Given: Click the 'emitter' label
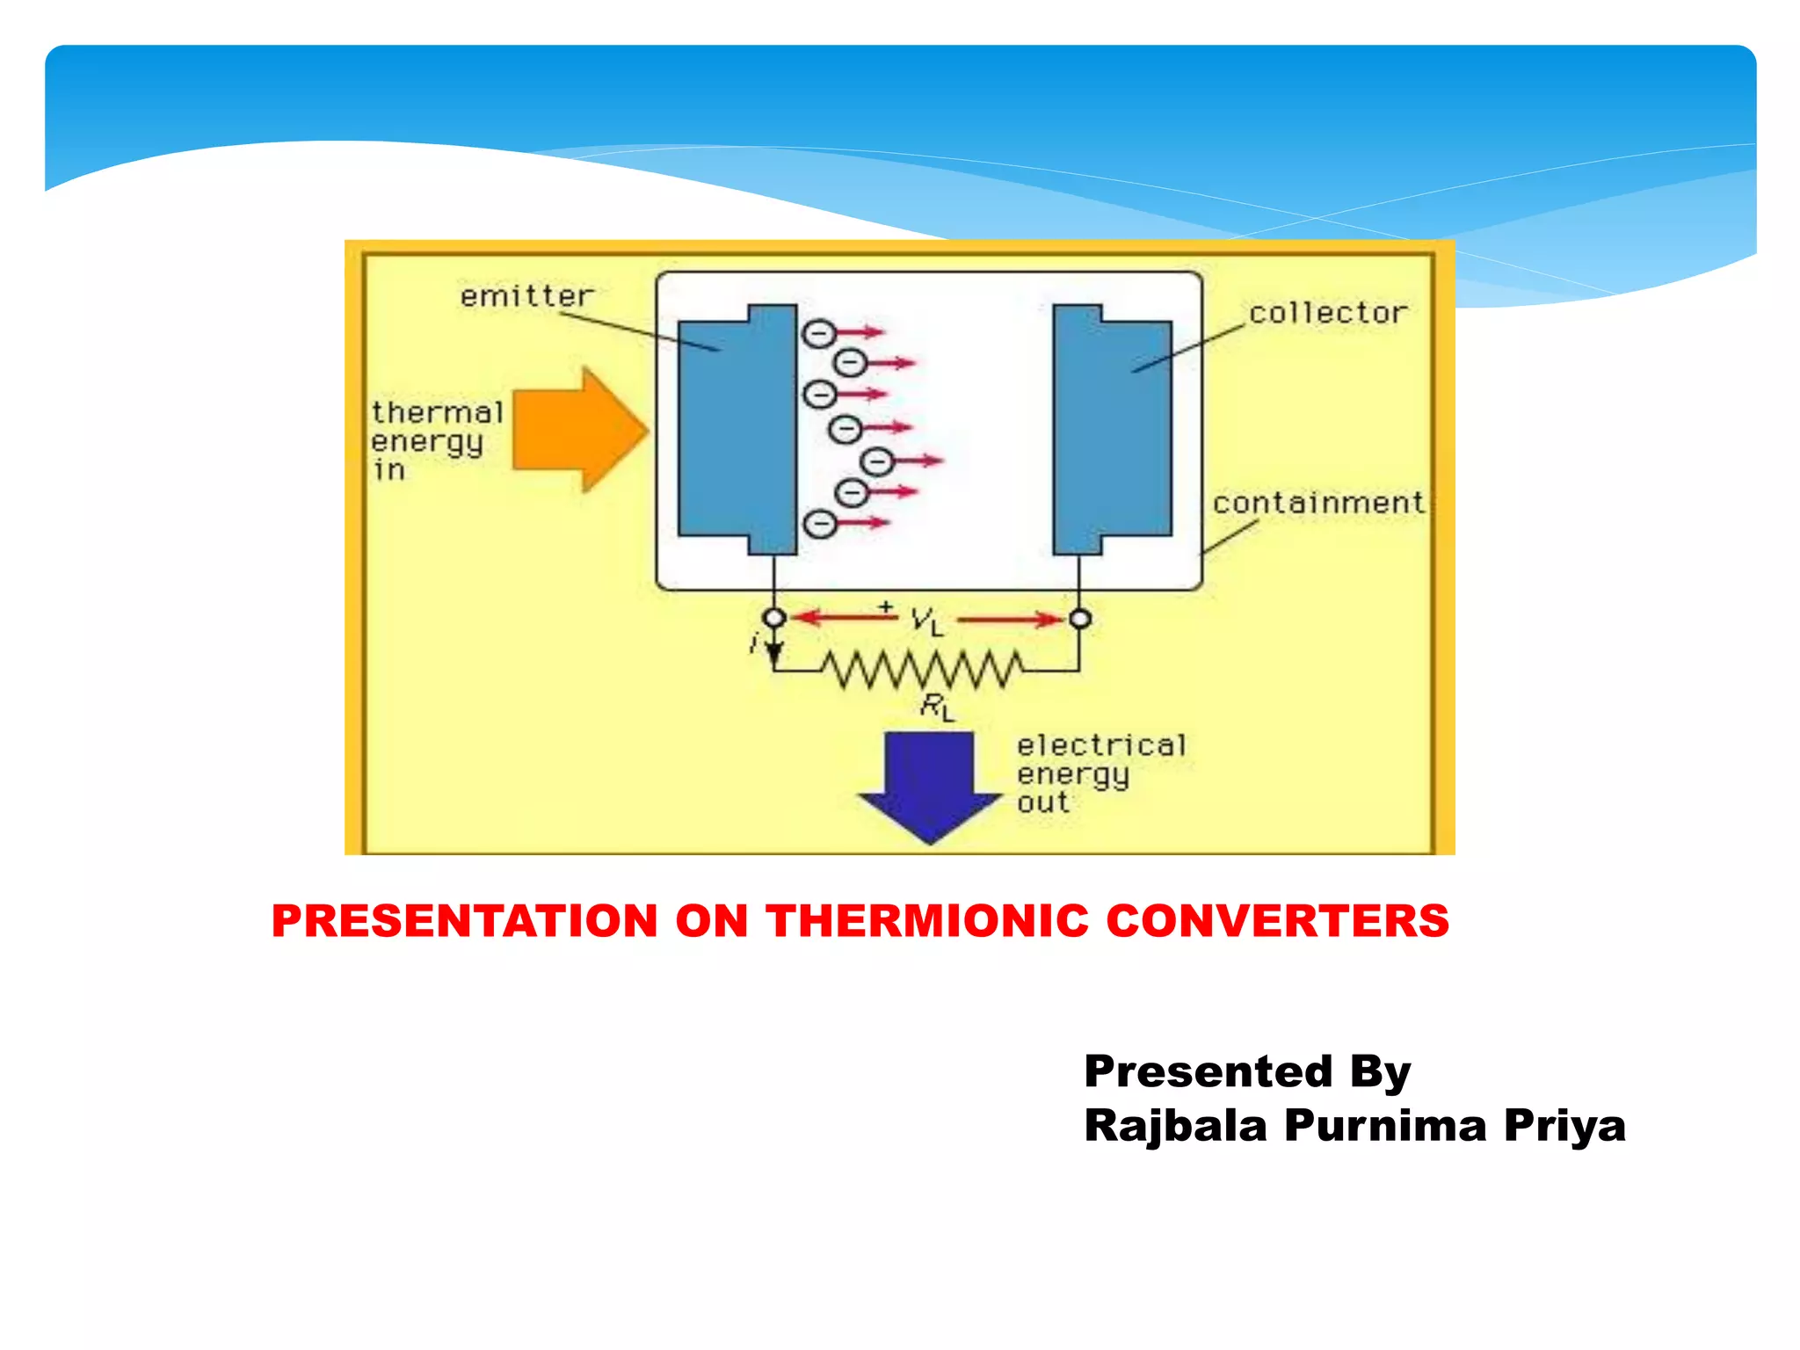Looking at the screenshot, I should pyautogui.click(x=526, y=296).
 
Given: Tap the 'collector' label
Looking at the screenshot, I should pyautogui.click(x=1327, y=313).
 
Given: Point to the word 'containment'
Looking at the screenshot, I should pyautogui.click(x=1317, y=503).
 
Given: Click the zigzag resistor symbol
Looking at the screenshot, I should pyautogui.click(x=922, y=670).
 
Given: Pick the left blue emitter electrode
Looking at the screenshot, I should pyautogui.click(x=737, y=430).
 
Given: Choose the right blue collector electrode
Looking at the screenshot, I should pyautogui.click(x=1113, y=430).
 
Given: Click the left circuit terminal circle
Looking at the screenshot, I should pyautogui.click(x=774, y=618).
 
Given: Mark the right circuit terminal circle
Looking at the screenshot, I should pyautogui.click(x=1080, y=619).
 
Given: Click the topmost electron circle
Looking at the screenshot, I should pyautogui.click(x=817, y=333).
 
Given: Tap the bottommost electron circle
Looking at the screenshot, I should pyautogui.click(x=820, y=524).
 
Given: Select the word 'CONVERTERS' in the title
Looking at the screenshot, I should pyautogui.click(x=1277, y=921).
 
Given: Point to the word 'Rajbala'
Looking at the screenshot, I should pyautogui.click(x=1175, y=1126).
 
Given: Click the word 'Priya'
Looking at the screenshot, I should pyautogui.click(x=1564, y=1126).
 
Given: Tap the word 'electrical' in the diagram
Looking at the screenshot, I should pyautogui.click(x=1101, y=745).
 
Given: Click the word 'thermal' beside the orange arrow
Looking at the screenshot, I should pyautogui.click(x=437, y=412).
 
